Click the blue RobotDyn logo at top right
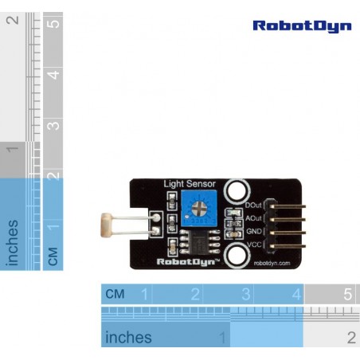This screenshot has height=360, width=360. (x=302, y=26)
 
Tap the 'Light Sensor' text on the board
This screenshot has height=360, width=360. (x=190, y=184)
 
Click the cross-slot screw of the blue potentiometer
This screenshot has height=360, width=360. (x=199, y=209)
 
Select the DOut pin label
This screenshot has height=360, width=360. (x=253, y=205)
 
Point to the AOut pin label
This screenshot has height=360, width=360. (x=253, y=218)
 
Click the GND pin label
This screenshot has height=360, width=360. (x=254, y=231)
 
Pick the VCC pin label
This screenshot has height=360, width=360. (x=254, y=245)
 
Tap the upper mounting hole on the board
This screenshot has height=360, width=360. (x=237, y=191)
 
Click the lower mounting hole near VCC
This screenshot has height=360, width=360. (x=237, y=255)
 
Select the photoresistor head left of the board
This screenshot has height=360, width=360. (x=106, y=225)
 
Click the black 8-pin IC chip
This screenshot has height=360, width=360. (x=200, y=242)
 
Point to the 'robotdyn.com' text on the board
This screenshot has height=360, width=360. (x=272, y=263)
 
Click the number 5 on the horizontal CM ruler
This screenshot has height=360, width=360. (x=348, y=294)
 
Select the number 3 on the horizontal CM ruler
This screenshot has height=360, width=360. (x=246, y=294)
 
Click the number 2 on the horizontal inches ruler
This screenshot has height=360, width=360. (x=351, y=338)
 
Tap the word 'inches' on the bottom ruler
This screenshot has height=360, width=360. (x=128, y=337)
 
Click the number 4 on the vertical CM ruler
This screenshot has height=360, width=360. (x=53, y=75)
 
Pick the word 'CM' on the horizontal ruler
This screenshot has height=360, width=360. (x=115, y=294)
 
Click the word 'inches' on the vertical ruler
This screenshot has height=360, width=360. (x=12, y=243)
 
